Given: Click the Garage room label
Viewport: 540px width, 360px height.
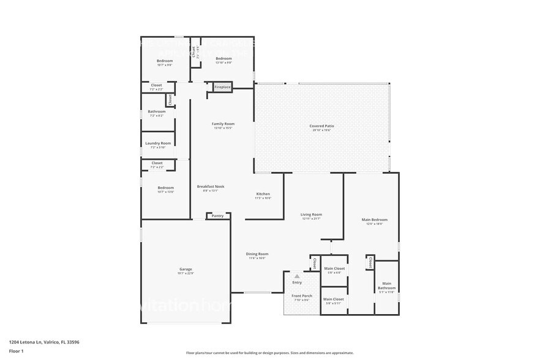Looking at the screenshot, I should tap(186, 269).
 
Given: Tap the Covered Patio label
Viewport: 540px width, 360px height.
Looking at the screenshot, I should tap(321, 126).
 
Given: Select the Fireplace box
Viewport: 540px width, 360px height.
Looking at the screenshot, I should tap(223, 87).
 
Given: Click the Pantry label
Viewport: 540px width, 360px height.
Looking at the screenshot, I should tap(217, 216).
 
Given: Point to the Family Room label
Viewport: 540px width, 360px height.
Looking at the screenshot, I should tap(223, 124).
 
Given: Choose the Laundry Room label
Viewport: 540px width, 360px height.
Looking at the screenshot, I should tap(158, 143).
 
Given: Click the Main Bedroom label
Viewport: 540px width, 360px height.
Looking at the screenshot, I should tap(374, 220).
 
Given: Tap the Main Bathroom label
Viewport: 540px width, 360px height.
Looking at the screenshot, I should tap(387, 285).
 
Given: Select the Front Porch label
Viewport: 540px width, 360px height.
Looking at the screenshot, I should tap(302, 296).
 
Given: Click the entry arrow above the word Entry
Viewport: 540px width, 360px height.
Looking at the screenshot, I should tap(297, 276).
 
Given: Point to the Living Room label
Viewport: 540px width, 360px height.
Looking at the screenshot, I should tap(311, 215).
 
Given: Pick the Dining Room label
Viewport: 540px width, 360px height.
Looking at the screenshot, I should tap(257, 254).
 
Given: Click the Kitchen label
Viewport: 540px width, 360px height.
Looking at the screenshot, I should tap(263, 194).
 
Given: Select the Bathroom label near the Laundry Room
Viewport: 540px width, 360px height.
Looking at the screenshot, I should tap(157, 111).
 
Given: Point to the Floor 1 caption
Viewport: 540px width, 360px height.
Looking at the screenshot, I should tap(16, 351).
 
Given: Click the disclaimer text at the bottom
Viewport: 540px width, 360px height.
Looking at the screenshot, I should tap(270, 353).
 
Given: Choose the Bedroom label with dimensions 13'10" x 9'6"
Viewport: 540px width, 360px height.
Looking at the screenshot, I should tap(223, 59).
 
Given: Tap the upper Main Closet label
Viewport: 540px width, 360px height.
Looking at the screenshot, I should tap(334, 269).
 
